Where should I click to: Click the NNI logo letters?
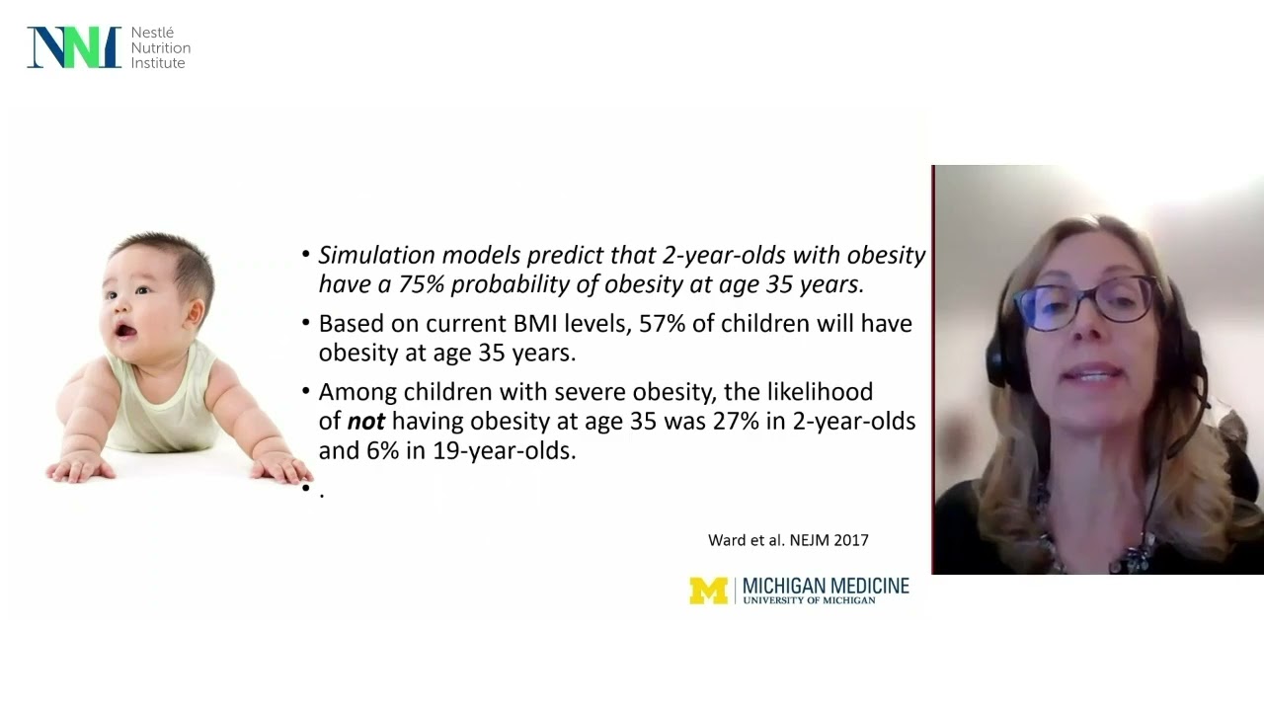tap(74, 47)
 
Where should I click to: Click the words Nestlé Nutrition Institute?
tap(160, 48)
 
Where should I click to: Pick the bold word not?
tap(365, 422)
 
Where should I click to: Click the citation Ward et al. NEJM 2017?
tap(788, 540)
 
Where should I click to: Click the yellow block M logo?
tap(708, 591)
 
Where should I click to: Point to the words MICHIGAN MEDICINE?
tap(826, 586)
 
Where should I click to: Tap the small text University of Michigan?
tap(809, 600)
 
